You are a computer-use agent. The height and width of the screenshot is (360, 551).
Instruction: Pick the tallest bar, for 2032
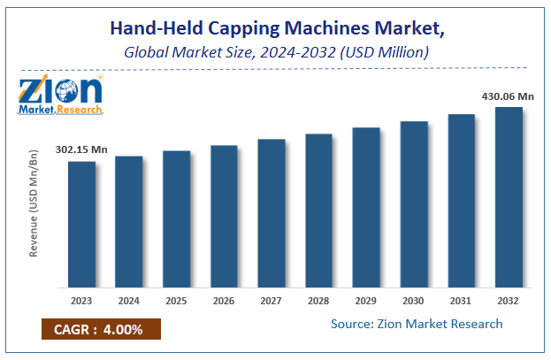coord(509,197)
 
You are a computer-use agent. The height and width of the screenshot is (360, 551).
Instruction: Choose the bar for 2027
coord(272,213)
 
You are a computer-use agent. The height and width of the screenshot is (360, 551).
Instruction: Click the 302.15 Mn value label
coord(80,149)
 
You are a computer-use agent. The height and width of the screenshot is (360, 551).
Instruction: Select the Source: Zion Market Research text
coord(417,324)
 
